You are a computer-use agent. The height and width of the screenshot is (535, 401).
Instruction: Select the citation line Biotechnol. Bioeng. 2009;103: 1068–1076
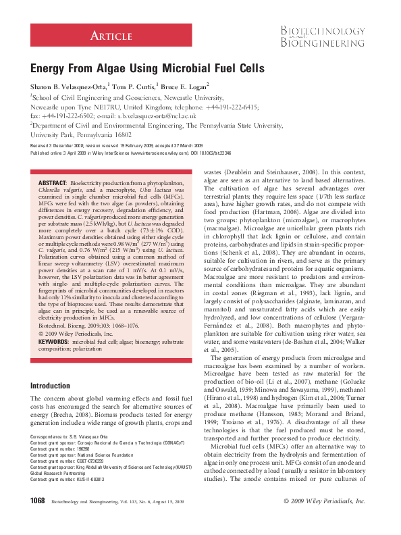pos(90,324)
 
